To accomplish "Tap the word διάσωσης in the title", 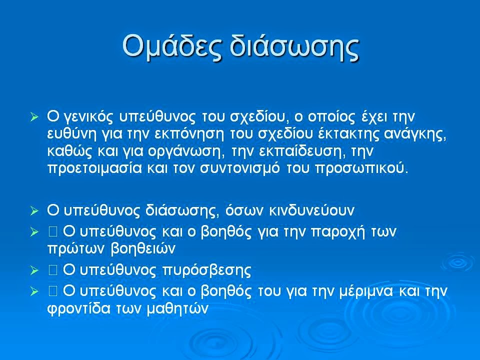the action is pos(294,46).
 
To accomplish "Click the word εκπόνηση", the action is pos(189,135).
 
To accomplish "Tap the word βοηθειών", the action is pos(142,249).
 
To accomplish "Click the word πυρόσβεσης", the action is pos(206,271).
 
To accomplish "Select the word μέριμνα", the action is pos(366,291).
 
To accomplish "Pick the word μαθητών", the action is pos(178,309).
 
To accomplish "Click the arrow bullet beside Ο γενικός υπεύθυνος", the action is pos(34,117).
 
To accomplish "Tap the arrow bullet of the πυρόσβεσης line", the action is pos(34,270).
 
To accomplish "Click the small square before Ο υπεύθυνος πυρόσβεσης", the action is pos(53,270).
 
